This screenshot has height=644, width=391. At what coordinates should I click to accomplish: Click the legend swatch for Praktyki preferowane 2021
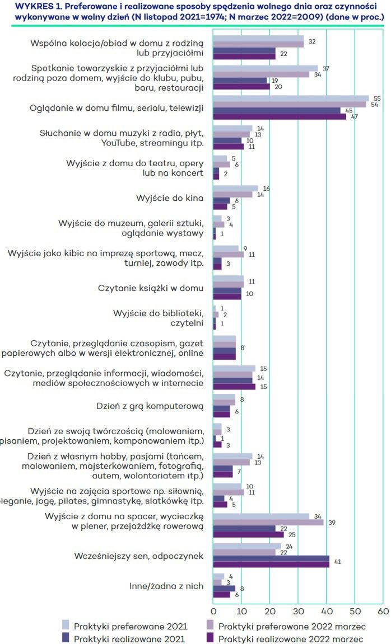click(64, 626)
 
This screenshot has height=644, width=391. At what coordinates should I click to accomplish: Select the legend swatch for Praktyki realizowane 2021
click(64, 638)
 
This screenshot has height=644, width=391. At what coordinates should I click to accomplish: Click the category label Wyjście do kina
click(170, 198)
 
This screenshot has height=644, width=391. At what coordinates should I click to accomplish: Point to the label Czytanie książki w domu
click(150, 288)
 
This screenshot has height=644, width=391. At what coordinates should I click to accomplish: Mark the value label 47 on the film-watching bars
click(354, 116)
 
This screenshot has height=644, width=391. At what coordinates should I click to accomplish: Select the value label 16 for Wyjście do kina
click(266, 189)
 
